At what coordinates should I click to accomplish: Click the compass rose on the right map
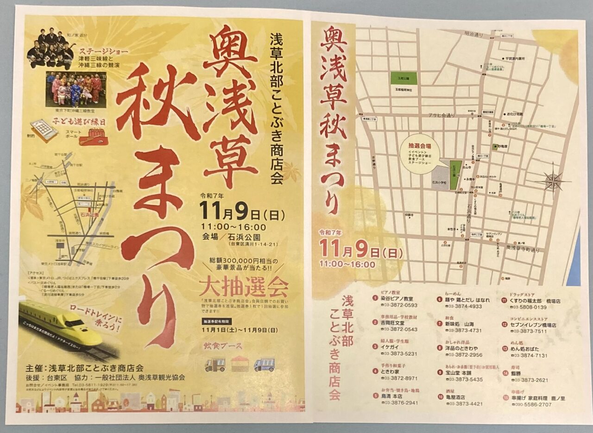(553, 181)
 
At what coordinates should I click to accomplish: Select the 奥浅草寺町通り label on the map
(523, 250)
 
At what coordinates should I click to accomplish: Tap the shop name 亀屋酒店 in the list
(452, 397)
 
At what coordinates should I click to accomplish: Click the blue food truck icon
(264, 365)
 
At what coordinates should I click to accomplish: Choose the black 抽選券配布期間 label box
(215, 321)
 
